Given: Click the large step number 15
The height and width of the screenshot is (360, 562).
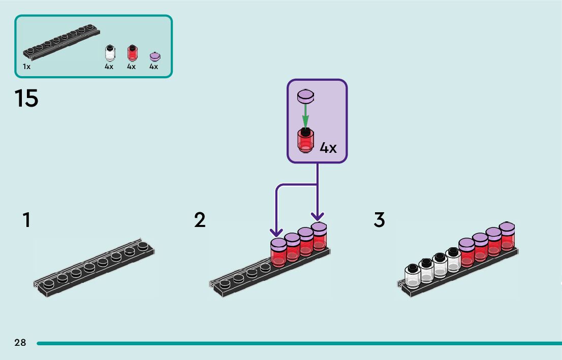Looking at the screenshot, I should tap(26, 98).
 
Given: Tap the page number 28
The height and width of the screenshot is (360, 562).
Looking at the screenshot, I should tap(20, 343).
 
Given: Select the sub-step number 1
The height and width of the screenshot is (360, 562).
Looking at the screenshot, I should tap(26, 220).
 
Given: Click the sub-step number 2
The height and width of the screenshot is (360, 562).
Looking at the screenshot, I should tap(200, 220).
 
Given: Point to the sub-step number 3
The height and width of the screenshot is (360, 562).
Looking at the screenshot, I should tap(380, 220).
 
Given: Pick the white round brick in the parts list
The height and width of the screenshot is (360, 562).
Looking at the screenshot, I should tap(109, 53).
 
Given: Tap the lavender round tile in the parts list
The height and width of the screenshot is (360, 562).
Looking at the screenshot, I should tap(154, 56).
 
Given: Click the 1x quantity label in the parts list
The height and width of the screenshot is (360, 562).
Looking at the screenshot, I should tap(26, 67).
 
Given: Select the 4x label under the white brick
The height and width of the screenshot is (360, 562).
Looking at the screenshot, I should tap(109, 67).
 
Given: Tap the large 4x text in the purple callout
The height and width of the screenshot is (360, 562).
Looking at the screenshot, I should tap(328, 148).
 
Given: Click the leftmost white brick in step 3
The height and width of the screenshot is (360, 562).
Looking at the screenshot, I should tap(413, 276).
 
